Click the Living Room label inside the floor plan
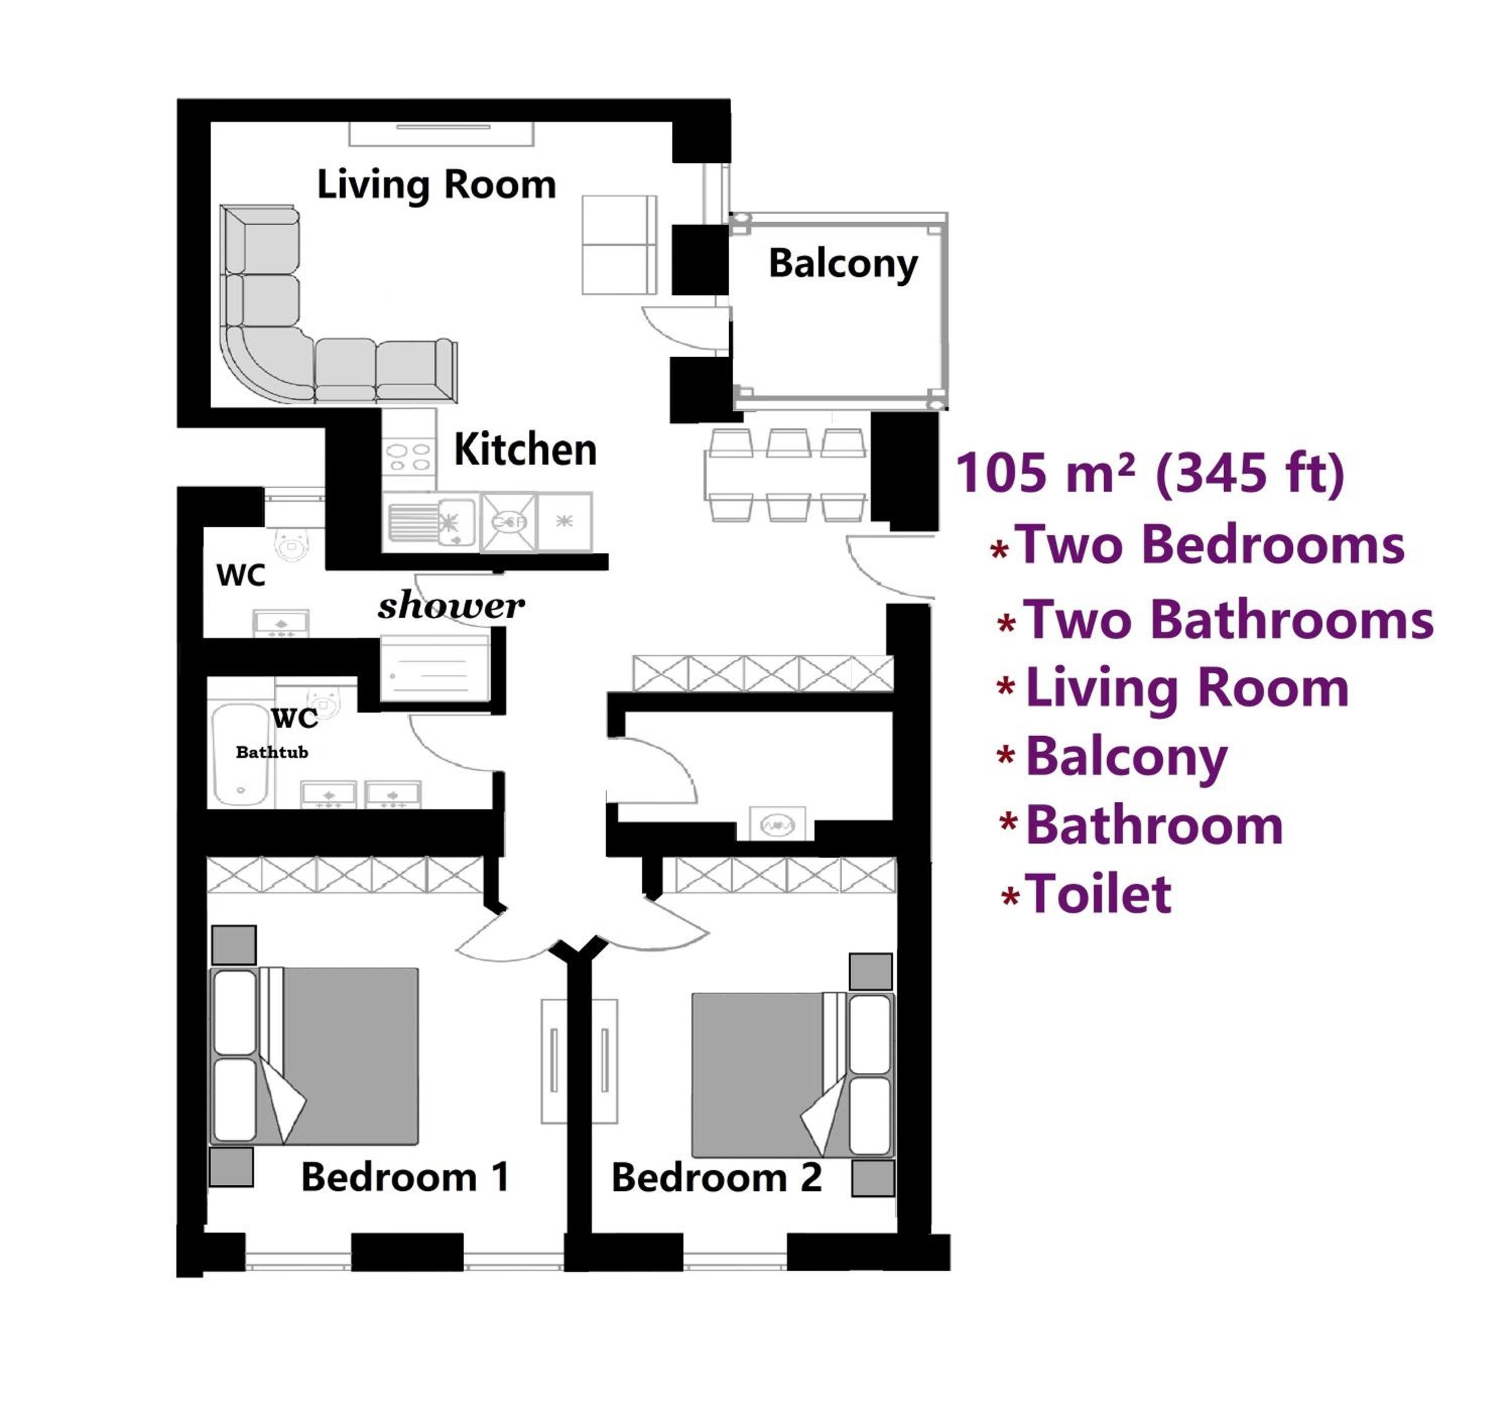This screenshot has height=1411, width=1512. (x=436, y=185)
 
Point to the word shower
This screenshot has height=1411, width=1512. (x=451, y=606)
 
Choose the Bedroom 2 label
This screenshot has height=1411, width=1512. (x=717, y=1178)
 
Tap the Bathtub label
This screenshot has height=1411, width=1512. (x=272, y=752)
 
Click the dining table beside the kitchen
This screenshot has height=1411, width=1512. (x=786, y=475)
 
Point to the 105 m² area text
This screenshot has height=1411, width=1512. (x=1149, y=473)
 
